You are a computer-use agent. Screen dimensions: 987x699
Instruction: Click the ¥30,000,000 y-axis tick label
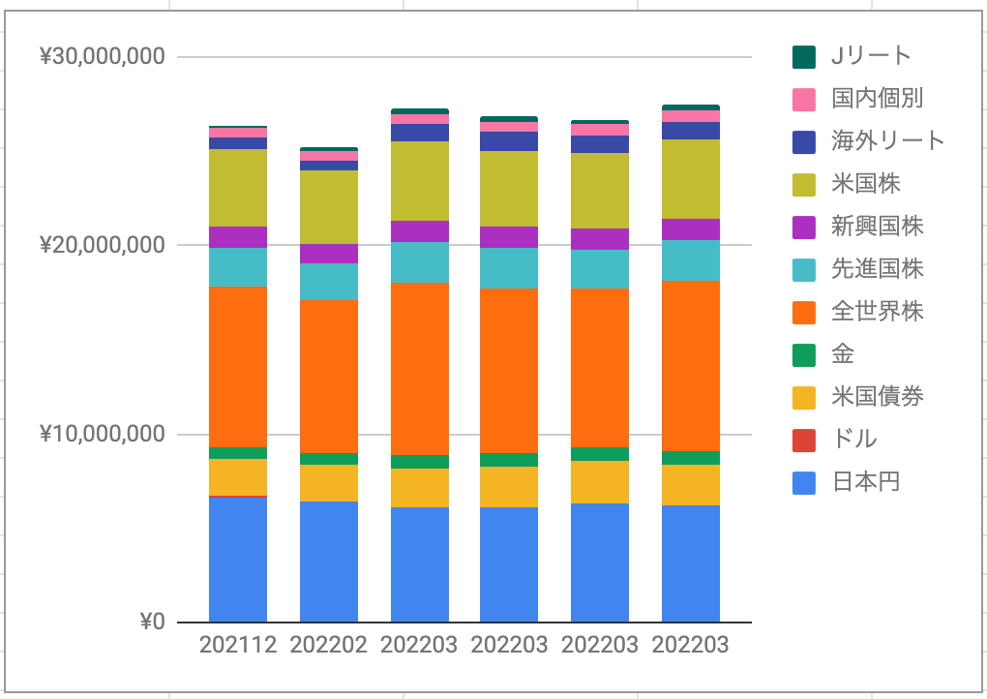pos(103,57)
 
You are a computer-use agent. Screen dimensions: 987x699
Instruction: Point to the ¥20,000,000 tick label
pos(103,244)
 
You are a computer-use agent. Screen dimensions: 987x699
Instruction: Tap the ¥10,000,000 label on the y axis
pos(103,434)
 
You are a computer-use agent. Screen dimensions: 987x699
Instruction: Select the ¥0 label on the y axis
pos(152,622)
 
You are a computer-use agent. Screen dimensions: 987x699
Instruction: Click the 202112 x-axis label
pos(238,645)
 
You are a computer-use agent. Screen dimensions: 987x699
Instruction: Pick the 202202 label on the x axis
pos(329,645)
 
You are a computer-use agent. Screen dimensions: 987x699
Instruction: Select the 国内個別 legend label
pos(878,99)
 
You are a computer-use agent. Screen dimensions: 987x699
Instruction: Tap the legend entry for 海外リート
pos(888,141)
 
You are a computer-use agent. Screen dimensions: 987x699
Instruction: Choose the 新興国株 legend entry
pos(878,227)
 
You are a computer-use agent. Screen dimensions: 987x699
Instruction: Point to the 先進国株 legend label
pos(878,269)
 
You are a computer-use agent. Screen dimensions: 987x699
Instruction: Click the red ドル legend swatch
pos(804,441)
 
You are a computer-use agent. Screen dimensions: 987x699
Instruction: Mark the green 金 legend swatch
pos(804,355)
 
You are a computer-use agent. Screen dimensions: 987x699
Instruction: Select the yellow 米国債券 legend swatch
pos(804,398)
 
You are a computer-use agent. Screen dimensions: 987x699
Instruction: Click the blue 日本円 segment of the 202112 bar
pos(238,560)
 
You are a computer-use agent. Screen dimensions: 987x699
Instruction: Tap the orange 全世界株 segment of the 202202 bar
pos(329,377)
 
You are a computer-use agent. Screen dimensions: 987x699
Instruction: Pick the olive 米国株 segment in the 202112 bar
pos(238,188)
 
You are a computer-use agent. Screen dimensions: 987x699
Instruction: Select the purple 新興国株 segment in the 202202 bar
pos(329,254)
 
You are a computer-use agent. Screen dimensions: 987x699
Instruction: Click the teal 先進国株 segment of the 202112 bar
pos(238,267)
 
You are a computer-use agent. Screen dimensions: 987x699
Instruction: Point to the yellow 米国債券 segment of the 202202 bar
pos(329,483)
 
